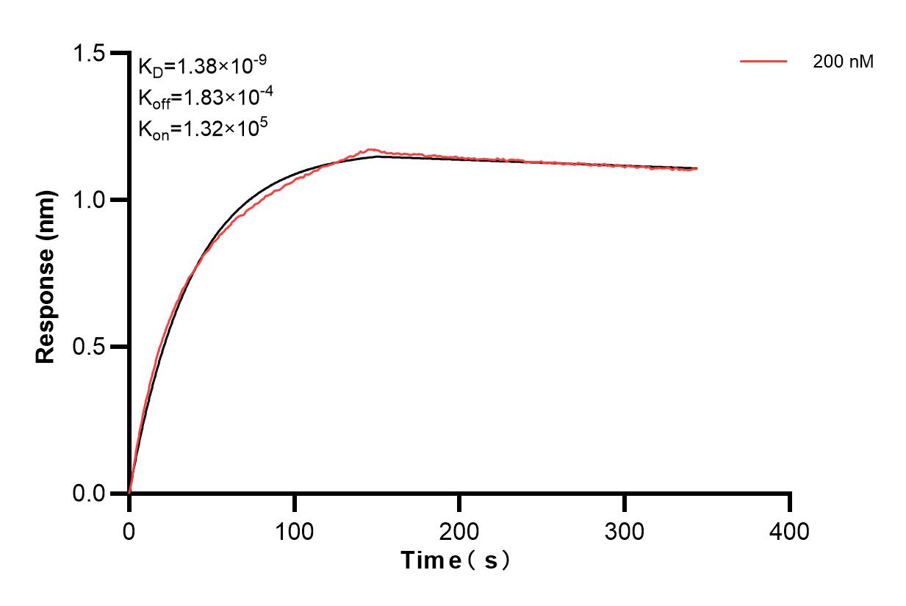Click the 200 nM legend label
point(843,62)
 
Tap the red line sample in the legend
point(763,62)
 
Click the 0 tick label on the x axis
point(129,530)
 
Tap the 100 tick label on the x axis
point(294,530)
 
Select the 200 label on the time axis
point(459,530)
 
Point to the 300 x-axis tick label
point(625,530)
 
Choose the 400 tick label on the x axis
point(790,530)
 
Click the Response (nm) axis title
point(46,273)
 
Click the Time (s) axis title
point(456,561)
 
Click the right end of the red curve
point(697,168)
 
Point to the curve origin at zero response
point(129,492)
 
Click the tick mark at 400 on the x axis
point(790,502)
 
